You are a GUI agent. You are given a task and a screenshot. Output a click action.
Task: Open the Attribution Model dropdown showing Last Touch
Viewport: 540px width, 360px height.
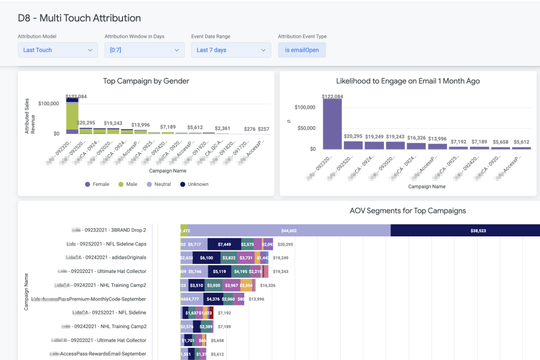58,50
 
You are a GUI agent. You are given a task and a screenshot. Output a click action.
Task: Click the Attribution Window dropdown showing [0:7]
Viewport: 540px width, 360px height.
144,50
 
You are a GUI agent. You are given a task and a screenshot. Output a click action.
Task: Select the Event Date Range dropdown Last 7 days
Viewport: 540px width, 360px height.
231,50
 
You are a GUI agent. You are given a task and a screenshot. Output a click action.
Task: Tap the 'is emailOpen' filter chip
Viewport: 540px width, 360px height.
302,50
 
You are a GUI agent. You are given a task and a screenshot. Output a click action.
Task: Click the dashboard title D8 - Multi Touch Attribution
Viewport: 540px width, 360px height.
79,18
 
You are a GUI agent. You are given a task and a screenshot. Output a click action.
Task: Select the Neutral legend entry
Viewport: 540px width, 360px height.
158,184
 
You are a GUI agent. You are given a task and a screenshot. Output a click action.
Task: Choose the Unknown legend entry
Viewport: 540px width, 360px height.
194,184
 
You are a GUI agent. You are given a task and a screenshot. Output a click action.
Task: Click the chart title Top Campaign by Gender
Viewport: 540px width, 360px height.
146,81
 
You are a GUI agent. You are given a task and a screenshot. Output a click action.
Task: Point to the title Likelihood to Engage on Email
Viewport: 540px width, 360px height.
408,81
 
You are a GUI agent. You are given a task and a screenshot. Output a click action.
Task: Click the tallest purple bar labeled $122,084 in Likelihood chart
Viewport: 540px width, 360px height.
332,123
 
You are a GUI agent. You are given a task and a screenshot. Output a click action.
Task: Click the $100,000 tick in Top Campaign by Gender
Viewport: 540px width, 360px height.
49,103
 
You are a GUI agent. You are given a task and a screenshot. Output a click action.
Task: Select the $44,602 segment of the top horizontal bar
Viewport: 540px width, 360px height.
289,230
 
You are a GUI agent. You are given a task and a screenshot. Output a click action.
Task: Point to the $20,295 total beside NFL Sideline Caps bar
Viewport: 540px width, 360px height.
285,244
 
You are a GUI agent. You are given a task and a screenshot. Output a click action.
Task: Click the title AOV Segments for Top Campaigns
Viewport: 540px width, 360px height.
408,211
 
